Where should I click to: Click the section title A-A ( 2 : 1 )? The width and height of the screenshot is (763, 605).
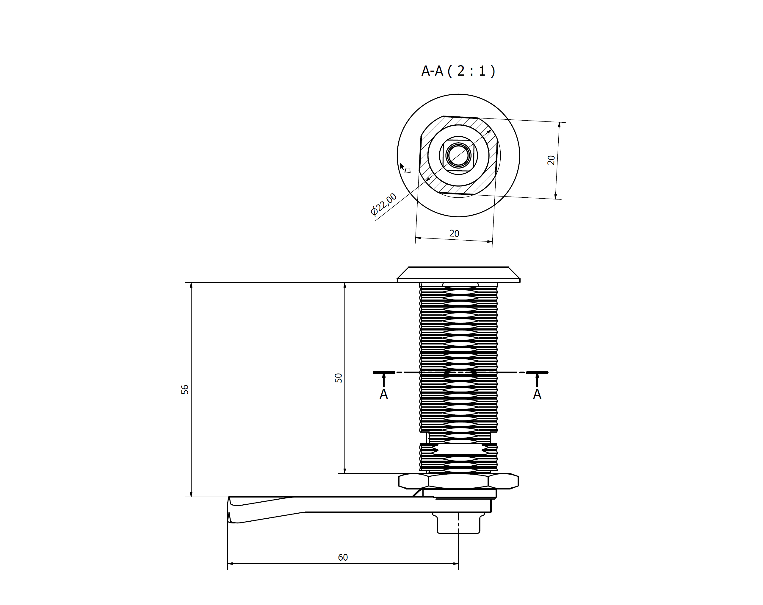(x=458, y=71)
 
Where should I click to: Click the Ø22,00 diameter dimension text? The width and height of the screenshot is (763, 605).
(x=384, y=204)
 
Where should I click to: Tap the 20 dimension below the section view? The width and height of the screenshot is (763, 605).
(x=454, y=233)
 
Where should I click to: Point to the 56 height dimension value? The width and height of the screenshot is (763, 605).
(x=185, y=390)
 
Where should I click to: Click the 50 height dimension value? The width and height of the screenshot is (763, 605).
(x=338, y=378)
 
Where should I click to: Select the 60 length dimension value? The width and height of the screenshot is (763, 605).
(x=343, y=558)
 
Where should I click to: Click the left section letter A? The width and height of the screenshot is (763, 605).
(x=384, y=394)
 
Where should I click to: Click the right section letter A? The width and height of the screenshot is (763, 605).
(x=537, y=394)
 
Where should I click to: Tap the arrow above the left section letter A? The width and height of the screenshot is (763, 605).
(x=384, y=379)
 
